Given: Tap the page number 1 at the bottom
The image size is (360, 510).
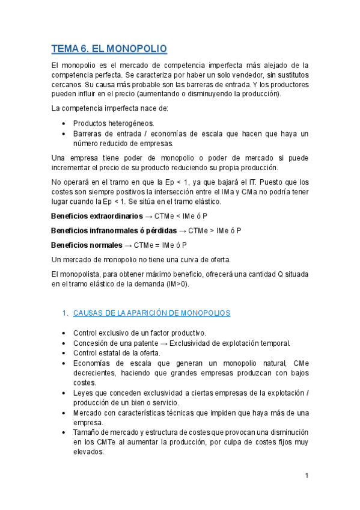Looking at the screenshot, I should pos(307,476).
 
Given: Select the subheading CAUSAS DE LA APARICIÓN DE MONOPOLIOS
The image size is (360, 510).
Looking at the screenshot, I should pos(151,313).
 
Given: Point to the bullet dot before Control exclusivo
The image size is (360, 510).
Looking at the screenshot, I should pos(64,333).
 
